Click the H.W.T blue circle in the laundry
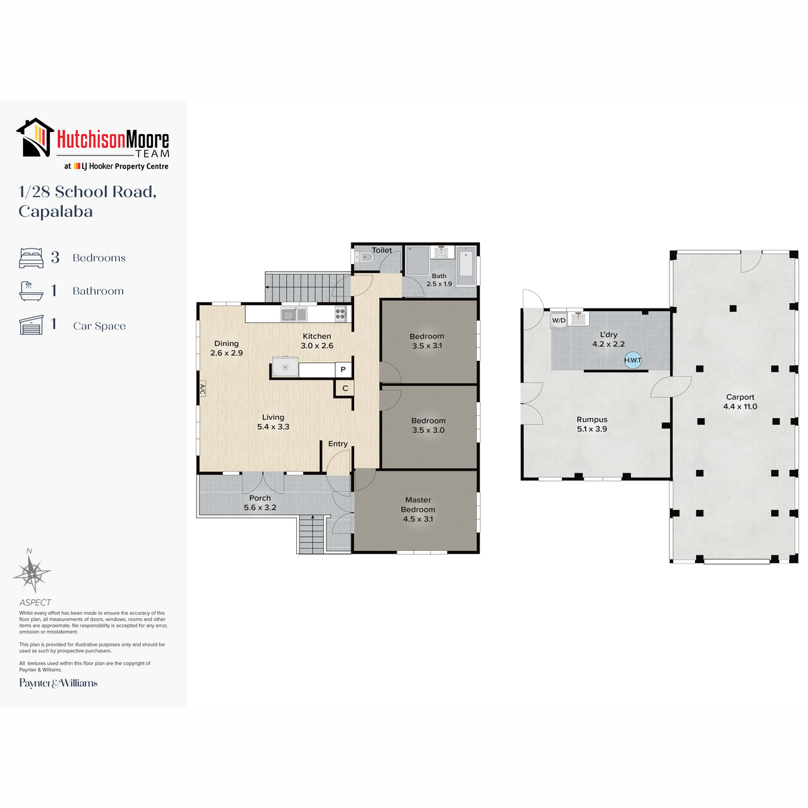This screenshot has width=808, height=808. click(632, 360)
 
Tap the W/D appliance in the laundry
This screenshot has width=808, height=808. click(558, 321)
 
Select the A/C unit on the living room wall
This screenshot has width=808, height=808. click(202, 390)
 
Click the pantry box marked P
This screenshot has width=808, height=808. click(343, 370)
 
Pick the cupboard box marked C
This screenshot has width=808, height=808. click(345, 389)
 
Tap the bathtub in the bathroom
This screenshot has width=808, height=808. click(466, 266)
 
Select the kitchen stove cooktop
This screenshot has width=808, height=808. click(341, 314)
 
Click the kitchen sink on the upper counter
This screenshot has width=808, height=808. click(294, 314)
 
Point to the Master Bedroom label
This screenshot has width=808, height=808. click(418, 504)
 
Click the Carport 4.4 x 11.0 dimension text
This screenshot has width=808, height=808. click(740, 406)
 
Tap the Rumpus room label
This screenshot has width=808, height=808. click(592, 419)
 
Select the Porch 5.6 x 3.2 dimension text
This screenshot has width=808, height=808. click(260, 508)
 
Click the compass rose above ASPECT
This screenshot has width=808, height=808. click(32, 572)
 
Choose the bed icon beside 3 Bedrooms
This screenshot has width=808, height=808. click(31, 257)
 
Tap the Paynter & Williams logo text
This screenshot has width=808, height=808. click(59, 683)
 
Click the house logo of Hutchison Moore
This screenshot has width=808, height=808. click(35, 137)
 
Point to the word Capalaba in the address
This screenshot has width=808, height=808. click(55, 211)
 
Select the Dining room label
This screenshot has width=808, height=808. click(226, 343)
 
